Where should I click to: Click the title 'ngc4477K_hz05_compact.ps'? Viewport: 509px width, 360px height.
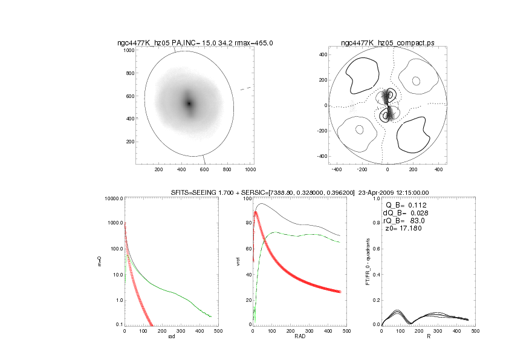[x=387, y=43]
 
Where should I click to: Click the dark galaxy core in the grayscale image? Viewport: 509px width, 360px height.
[x=189, y=103]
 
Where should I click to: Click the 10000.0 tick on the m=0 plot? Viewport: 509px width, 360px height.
[x=113, y=198]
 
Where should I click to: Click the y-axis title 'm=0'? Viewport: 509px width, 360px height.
[x=107, y=261]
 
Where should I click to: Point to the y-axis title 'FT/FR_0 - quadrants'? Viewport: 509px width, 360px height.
[x=368, y=262]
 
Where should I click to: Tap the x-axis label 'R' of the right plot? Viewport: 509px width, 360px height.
[x=429, y=337]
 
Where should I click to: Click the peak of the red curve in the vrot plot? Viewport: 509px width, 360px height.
[x=256, y=212]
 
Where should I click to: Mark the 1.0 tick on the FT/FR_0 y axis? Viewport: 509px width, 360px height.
[x=375, y=198]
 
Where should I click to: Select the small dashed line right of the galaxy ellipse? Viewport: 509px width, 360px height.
[x=245, y=89]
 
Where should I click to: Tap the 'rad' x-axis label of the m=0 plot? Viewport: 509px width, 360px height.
[x=170, y=337]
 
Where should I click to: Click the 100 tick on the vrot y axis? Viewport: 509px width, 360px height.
[x=247, y=198]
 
